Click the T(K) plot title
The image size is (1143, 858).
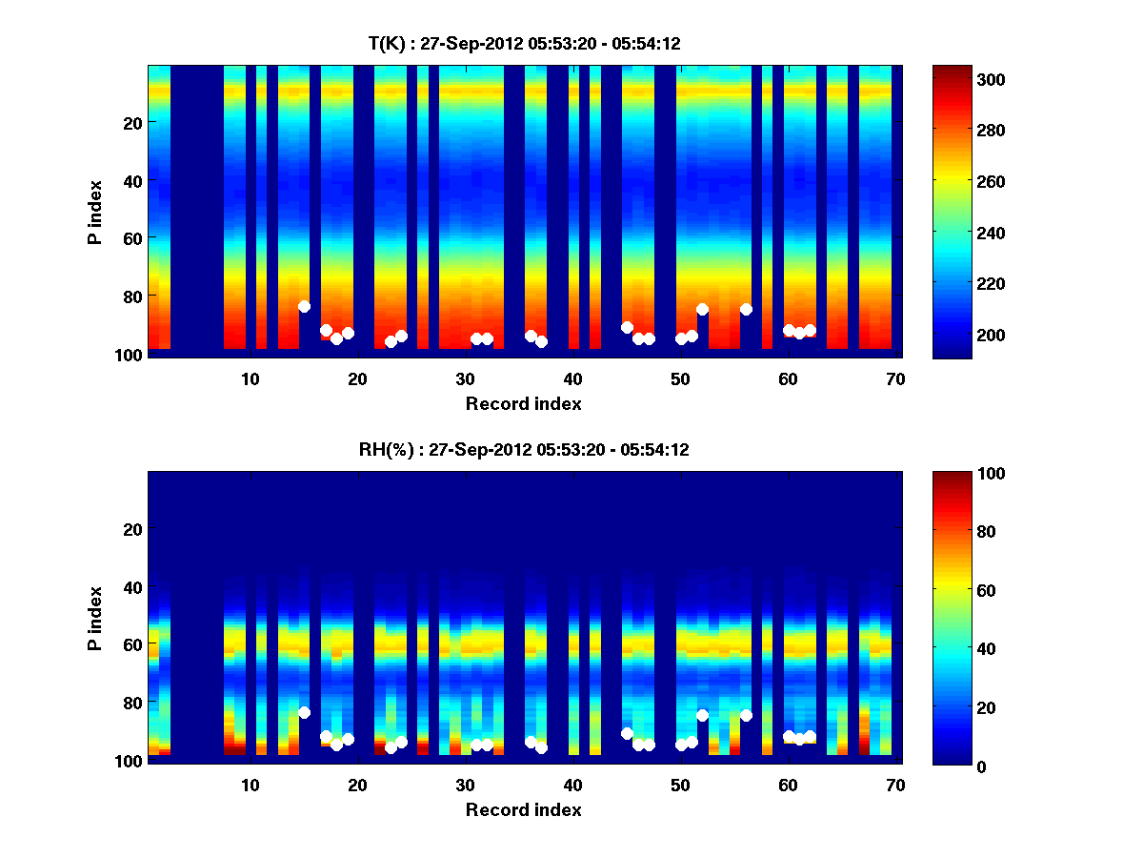(524, 43)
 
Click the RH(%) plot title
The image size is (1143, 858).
(524, 450)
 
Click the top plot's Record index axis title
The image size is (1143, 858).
(524, 403)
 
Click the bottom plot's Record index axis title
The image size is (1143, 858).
(524, 809)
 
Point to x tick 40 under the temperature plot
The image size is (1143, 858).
(573, 378)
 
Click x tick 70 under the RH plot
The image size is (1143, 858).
(895, 785)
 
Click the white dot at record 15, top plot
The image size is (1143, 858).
(304, 306)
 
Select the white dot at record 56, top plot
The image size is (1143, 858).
(746, 309)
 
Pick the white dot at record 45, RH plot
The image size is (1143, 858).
(627, 733)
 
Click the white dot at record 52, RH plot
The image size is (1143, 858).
(702, 715)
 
